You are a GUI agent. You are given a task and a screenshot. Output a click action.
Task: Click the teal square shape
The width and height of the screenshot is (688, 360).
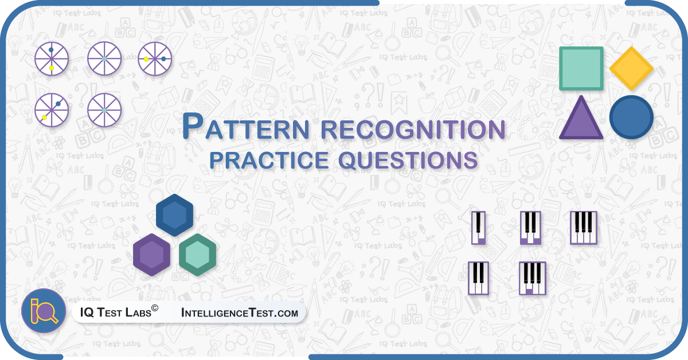click(x=581, y=68)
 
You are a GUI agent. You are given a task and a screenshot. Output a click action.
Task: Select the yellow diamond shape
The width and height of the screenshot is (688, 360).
click(x=631, y=68)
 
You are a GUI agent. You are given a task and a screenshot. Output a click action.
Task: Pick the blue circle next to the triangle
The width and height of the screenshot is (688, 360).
click(x=631, y=117)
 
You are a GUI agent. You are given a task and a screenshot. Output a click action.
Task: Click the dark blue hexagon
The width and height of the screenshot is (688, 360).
click(x=174, y=215)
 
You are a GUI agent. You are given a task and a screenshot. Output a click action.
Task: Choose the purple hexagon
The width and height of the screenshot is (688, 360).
click(x=151, y=255)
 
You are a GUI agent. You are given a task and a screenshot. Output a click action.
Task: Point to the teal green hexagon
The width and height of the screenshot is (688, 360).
click(x=197, y=255)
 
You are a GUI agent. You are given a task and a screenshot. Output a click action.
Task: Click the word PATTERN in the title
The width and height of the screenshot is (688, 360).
click(x=245, y=127)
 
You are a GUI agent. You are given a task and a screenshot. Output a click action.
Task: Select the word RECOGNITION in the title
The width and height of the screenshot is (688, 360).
click(x=413, y=130)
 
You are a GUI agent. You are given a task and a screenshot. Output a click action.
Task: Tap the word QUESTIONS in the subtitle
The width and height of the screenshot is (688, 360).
click(x=408, y=161)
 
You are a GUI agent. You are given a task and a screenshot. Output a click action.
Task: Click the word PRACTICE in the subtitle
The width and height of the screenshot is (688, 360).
click(x=269, y=160)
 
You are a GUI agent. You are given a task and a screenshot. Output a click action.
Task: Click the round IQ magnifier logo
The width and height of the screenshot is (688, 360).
click(x=44, y=311)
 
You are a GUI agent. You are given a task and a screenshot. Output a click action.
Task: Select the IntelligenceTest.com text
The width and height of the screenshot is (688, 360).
click(x=240, y=312)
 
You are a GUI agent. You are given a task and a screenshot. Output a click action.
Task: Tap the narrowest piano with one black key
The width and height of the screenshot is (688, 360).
click(x=478, y=228)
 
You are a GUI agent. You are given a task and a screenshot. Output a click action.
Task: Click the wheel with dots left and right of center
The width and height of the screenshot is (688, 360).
click(x=155, y=58)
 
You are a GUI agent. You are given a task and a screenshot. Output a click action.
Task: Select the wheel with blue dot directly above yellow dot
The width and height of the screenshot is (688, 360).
click(x=52, y=58)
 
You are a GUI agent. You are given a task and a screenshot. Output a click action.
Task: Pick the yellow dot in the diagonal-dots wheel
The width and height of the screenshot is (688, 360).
click(x=45, y=118)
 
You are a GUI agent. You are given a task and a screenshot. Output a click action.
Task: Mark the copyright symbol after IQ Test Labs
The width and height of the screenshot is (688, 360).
click(x=155, y=308)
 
